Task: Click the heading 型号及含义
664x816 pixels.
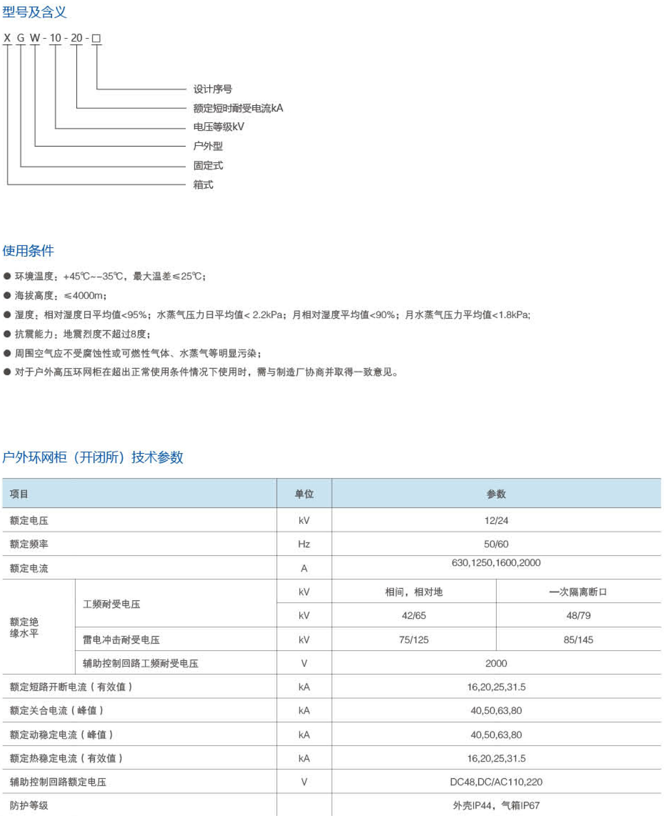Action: tap(35, 12)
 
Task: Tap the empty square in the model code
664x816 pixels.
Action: tap(96, 38)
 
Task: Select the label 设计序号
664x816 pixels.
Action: tap(213, 89)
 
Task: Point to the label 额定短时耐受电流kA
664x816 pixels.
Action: tap(238, 108)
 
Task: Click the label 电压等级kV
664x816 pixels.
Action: tap(219, 127)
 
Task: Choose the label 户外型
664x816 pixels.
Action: tap(208, 146)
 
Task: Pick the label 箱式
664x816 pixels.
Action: tap(203, 185)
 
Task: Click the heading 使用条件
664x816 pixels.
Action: tap(28, 251)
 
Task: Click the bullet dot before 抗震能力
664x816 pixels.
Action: tap(7, 334)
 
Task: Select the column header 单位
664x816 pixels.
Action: tap(304, 494)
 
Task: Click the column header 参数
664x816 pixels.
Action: tap(496, 494)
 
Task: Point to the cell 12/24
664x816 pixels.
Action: tap(496, 520)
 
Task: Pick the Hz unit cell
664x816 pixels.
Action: tap(304, 544)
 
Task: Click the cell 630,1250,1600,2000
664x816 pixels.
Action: tap(496, 563)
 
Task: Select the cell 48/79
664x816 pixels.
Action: tap(578, 615)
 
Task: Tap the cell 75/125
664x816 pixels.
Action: tap(414, 639)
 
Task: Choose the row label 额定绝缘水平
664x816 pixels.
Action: tap(25, 627)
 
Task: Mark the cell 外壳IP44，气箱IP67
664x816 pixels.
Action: tap(496, 805)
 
